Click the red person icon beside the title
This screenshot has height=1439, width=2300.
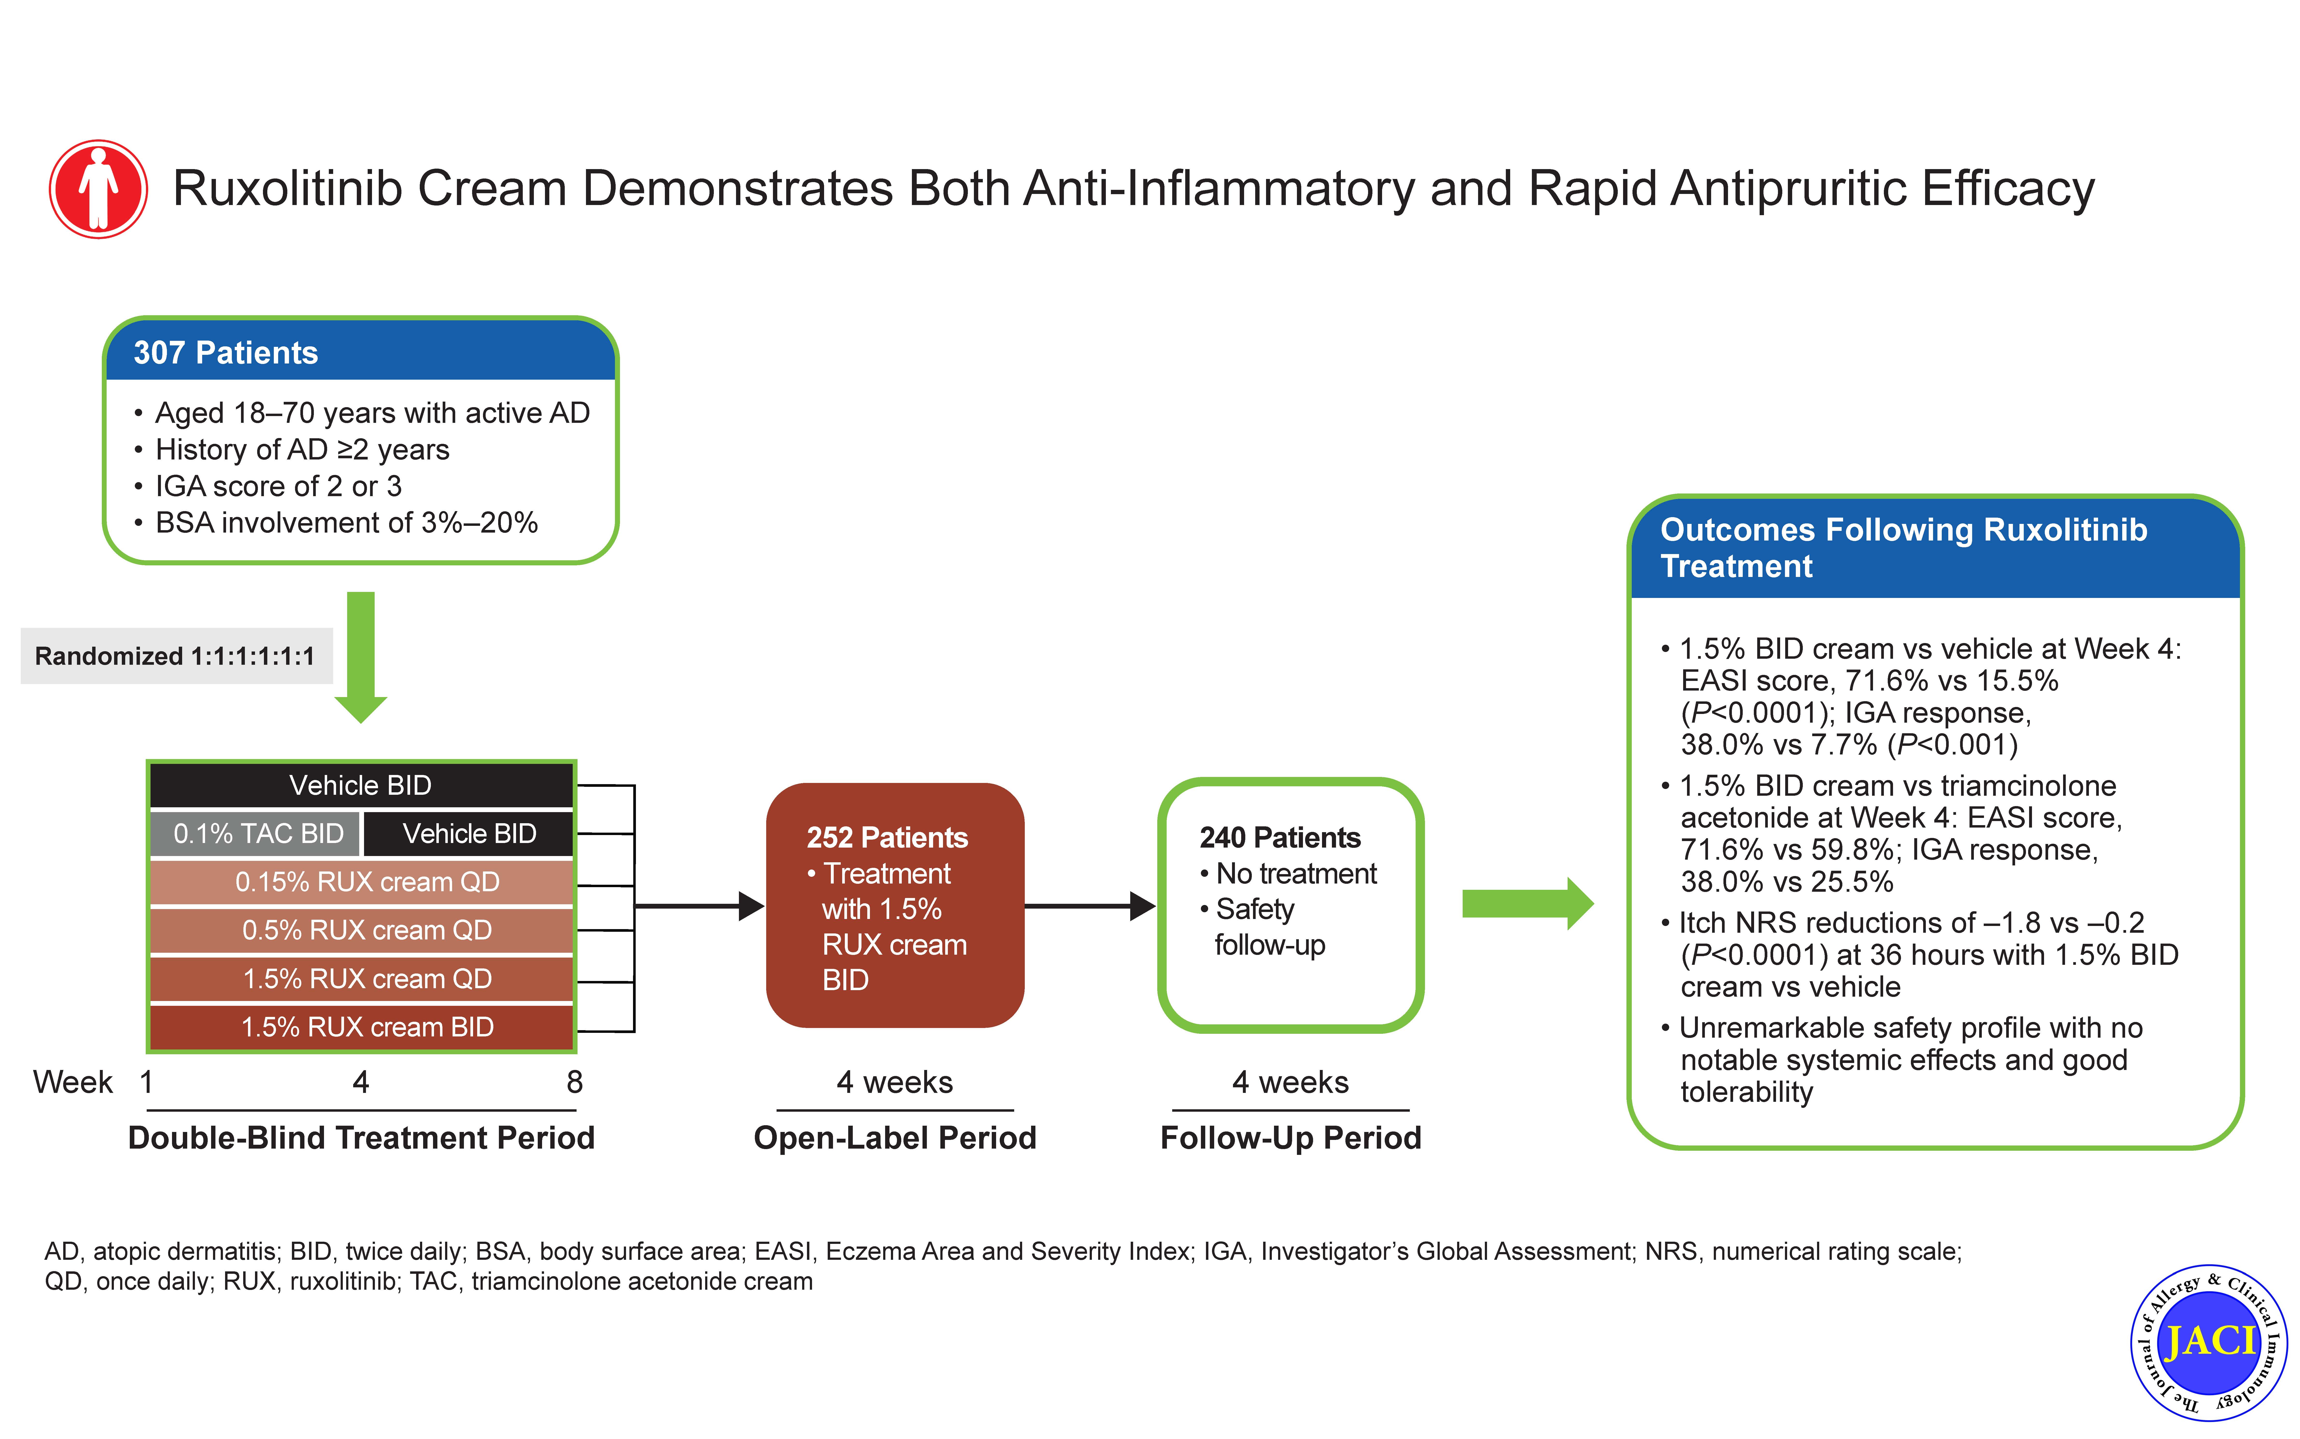click(x=98, y=188)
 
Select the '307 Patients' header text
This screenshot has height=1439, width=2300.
click(x=226, y=353)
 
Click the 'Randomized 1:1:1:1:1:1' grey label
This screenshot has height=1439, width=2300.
click(x=176, y=656)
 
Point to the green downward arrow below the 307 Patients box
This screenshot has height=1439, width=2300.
click(x=361, y=657)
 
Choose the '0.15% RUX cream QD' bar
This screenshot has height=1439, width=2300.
click(x=362, y=882)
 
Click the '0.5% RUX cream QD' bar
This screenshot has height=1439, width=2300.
click(x=362, y=930)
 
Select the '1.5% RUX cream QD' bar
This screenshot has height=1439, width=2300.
click(x=362, y=978)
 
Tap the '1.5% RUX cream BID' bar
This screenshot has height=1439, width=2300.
click(x=362, y=1027)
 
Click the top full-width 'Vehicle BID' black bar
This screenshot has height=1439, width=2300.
click(x=362, y=785)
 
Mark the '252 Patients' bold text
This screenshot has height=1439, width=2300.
click(x=887, y=837)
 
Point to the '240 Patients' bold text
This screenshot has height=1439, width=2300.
click(x=1280, y=837)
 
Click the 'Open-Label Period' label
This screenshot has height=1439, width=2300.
click(x=895, y=1138)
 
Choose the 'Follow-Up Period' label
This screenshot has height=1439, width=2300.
click(x=1290, y=1138)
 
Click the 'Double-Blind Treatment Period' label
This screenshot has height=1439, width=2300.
click(x=362, y=1138)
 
